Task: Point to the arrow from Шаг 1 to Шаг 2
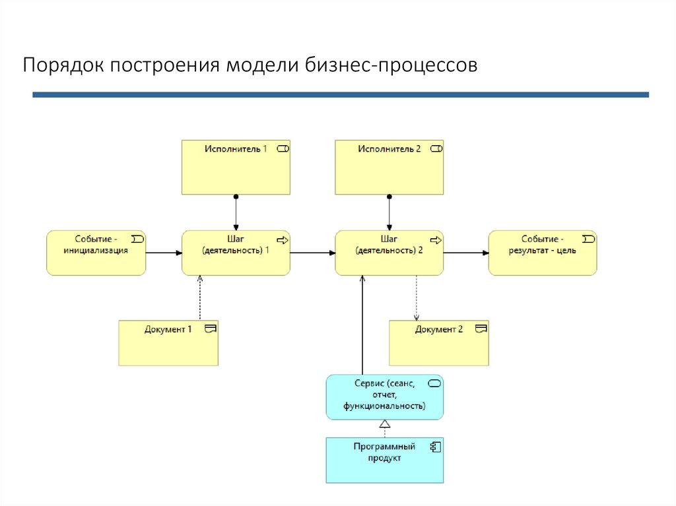[312, 253]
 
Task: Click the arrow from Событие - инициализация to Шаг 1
[163, 253]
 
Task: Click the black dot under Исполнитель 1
[236, 197]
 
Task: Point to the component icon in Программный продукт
[435, 447]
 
